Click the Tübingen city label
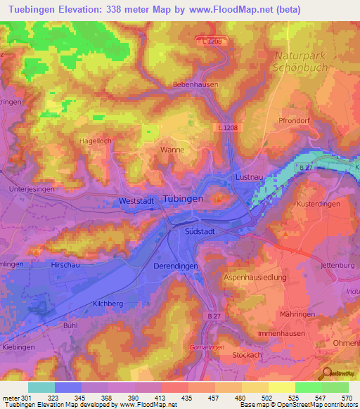pyautogui.click(x=183, y=199)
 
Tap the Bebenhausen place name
pyautogui.click(x=195, y=84)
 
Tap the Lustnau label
pyautogui.click(x=252, y=177)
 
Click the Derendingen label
pyautogui.click(x=176, y=266)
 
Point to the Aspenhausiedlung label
pyautogui.click(x=255, y=278)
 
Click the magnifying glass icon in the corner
pyautogui.click(x=327, y=374)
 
